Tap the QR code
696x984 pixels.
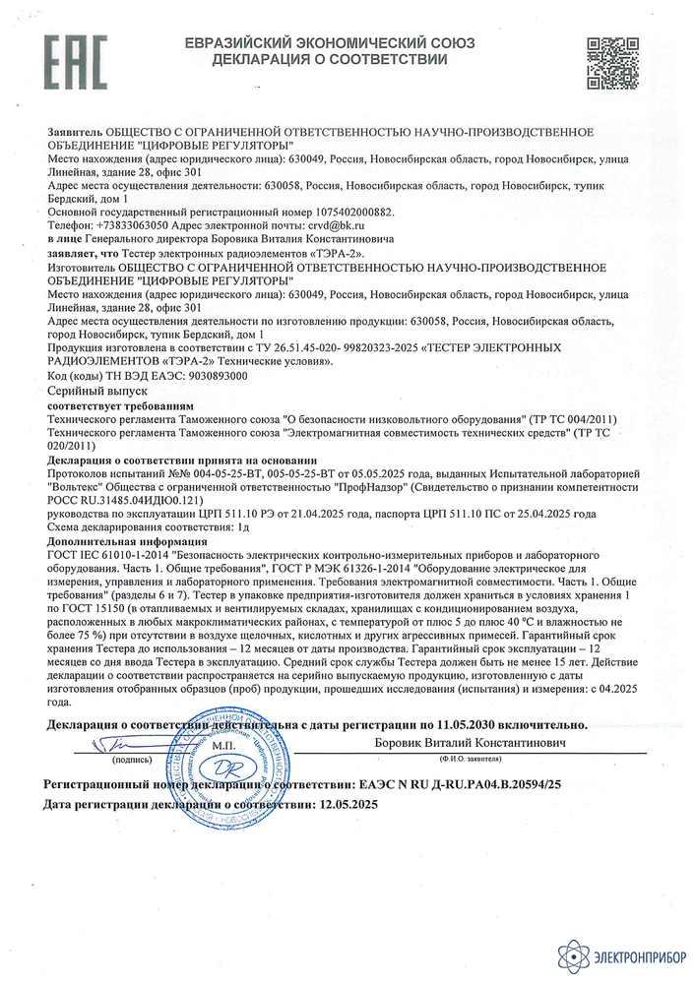point(613,61)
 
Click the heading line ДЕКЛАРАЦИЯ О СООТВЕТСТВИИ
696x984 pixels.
point(330,61)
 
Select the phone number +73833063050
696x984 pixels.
point(139,225)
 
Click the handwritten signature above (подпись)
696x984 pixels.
point(130,744)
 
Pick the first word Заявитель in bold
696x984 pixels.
point(74,131)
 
